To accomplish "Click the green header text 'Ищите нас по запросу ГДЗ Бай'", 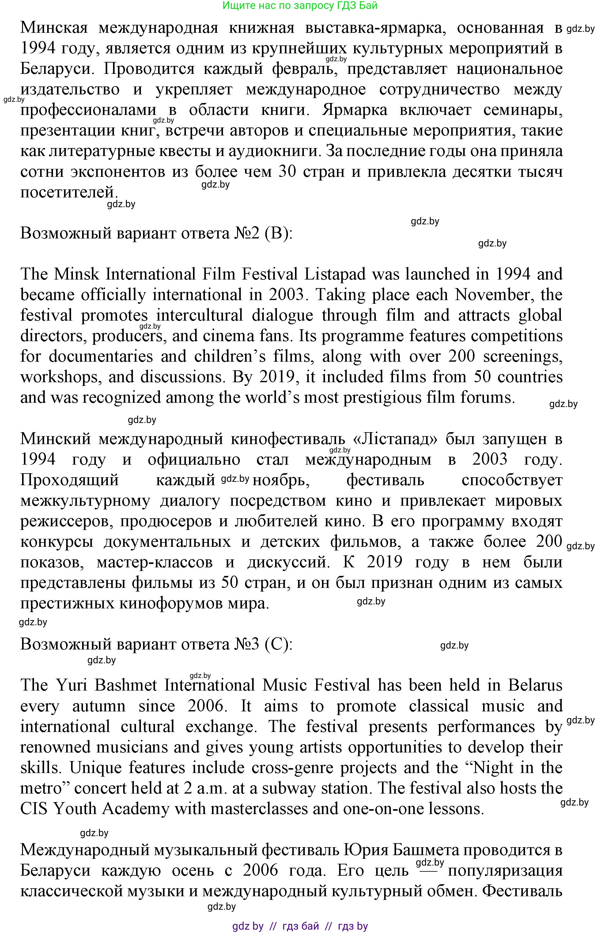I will coord(300,6).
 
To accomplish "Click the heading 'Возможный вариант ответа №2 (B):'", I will coord(156,234).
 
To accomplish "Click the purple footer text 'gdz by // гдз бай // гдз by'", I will coord(300,926).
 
